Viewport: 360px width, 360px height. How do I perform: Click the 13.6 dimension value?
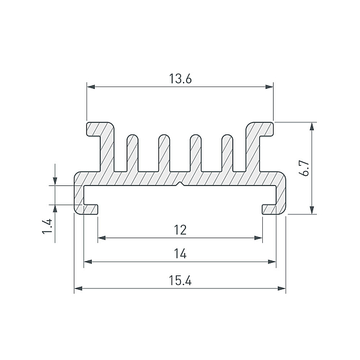tap(180, 79)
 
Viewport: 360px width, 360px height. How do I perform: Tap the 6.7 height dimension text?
tap(305, 168)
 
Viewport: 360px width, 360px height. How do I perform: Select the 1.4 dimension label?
tap(47, 226)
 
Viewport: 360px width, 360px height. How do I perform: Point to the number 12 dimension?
tap(180, 230)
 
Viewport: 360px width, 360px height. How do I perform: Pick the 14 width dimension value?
tap(180, 254)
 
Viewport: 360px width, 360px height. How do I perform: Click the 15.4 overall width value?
tap(180, 280)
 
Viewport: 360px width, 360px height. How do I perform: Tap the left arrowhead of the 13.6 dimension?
tap(91, 87)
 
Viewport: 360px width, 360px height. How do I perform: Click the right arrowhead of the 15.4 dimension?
tap(282, 289)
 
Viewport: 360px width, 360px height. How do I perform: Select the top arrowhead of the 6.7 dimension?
tap(311, 127)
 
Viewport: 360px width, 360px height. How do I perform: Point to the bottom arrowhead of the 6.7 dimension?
tap(311, 210)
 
